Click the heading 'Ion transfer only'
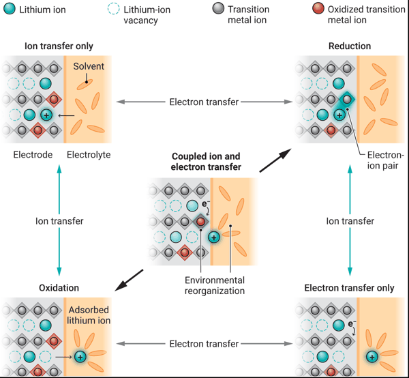tap(59, 46)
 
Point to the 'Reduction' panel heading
tap(350, 46)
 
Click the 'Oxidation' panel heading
tap(59, 288)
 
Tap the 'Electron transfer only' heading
tap(350, 288)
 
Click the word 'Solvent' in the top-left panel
tap(88, 66)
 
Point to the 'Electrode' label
tap(33, 155)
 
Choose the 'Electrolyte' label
tap(88, 155)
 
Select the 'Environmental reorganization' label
tap(215, 286)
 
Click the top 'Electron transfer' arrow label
tap(204, 102)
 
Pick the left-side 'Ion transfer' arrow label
tap(59, 221)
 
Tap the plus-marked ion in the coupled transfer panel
tap(213, 237)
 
